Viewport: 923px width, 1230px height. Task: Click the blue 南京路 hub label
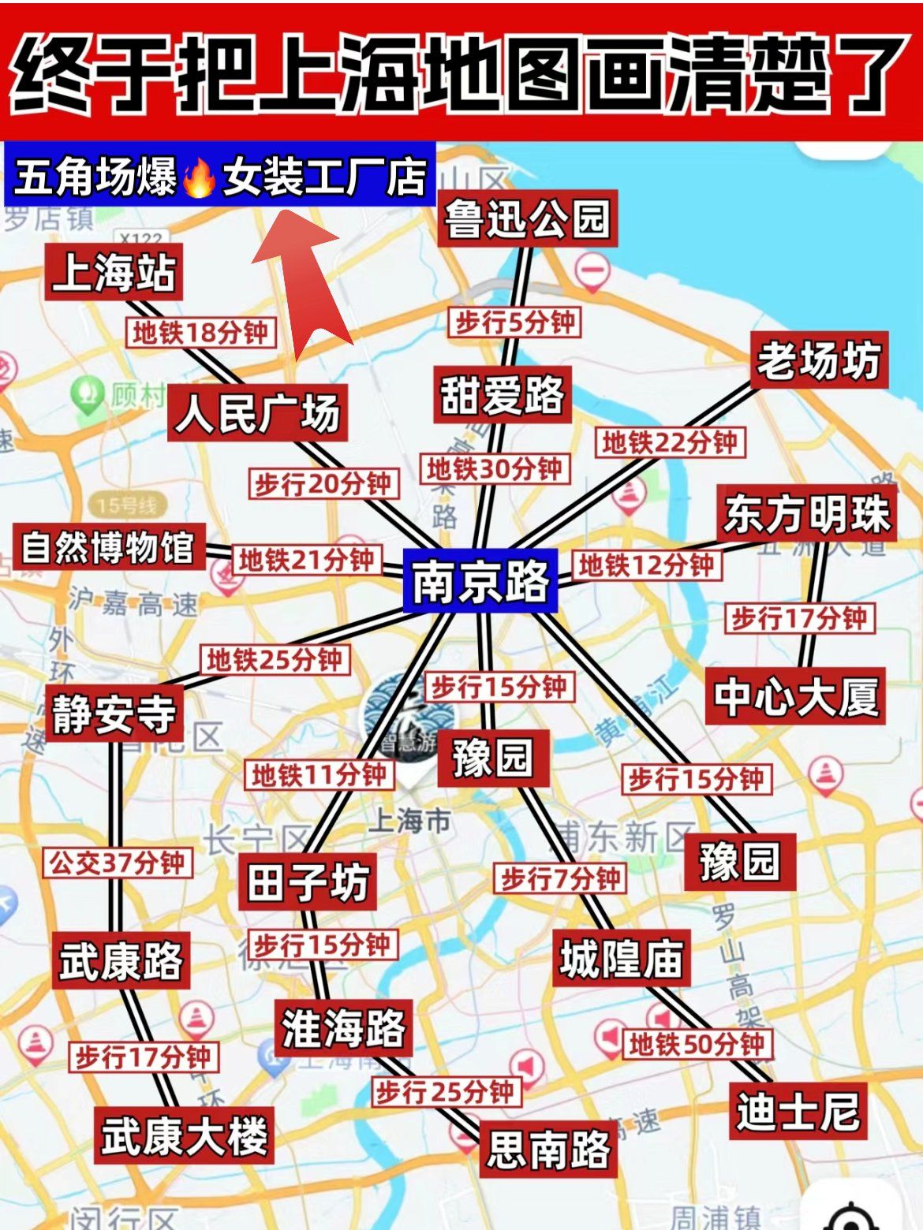coord(480,582)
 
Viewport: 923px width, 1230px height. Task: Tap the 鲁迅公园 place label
coord(527,218)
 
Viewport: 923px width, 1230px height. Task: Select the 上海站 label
coord(114,272)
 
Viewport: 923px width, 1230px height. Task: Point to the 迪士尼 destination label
coord(798,1112)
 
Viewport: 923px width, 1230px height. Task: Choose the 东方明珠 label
coord(806,513)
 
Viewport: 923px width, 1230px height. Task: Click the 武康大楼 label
coord(184,1135)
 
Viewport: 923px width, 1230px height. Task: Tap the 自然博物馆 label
coord(108,547)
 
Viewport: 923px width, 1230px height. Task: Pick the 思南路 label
coord(548,1149)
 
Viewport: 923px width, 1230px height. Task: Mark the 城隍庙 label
coord(621,959)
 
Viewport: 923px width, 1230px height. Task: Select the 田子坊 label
coord(307,882)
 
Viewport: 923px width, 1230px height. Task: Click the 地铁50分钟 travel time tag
coord(697,1045)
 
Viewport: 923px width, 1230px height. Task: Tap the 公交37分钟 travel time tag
coord(117,863)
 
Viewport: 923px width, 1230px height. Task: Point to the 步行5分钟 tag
coord(515,322)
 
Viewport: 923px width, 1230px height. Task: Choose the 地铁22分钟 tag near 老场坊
coord(669,442)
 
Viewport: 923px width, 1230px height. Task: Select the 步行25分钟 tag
coord(446,1093)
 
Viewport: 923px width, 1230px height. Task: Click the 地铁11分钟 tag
coord(319,776)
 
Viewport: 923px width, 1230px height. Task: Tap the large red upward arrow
coord(304,284)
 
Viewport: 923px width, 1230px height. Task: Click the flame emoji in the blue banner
coord(199,177)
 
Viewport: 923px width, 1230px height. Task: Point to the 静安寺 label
coord(114,714)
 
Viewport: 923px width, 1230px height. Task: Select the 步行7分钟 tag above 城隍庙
coord(560,878)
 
